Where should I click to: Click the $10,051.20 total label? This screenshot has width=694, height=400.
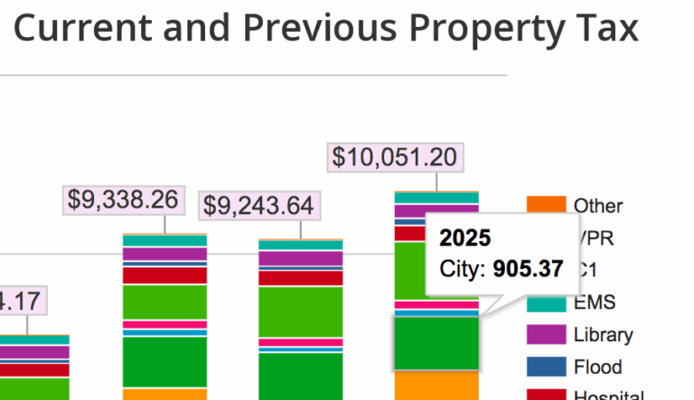(394, 157)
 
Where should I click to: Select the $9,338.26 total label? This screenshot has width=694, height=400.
(124, 200)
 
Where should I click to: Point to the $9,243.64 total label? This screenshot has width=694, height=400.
(258, 206)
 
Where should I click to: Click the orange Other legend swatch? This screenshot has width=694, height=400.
(546, 206)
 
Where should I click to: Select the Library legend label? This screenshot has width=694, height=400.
(603, 334)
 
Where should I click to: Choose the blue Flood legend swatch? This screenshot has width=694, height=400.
(546, 367)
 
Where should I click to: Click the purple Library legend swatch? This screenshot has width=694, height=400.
(546, 334)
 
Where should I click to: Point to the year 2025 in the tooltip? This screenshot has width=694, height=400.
(465, 238)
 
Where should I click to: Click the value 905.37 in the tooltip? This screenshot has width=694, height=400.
(528, 269)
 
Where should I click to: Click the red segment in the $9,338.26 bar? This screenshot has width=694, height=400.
(164, 274)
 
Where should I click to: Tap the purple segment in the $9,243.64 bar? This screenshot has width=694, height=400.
(300, 258)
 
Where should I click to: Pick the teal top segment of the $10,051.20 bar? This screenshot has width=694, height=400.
(436, 197)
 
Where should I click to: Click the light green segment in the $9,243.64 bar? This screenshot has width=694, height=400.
(300, 311)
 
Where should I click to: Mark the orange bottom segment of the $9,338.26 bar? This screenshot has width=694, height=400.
(164, 394)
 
